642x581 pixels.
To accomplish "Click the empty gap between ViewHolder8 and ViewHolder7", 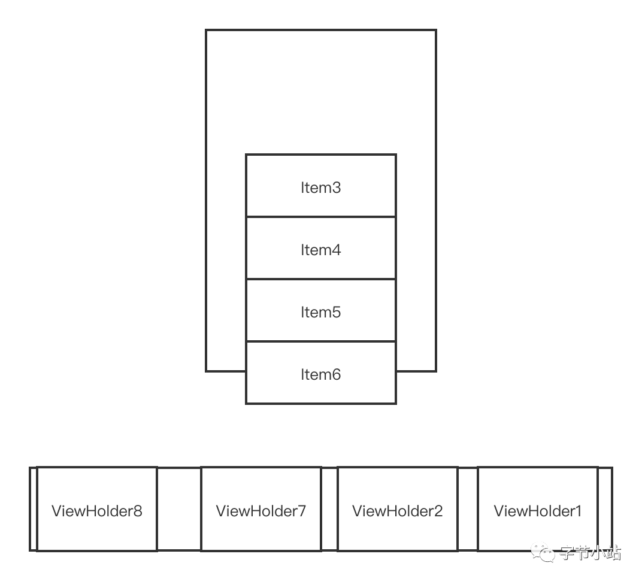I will (178, 509).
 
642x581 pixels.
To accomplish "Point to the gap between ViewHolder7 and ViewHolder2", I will (329, 509).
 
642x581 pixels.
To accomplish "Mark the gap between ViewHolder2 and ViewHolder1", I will (468, 509).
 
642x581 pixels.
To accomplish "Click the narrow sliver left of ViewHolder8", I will (34, 509).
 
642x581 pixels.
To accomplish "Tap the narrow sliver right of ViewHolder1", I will (605, 509).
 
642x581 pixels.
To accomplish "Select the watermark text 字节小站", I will (590, 552).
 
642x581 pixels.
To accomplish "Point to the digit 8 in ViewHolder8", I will (138, 511).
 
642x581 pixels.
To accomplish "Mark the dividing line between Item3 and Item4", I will (320, 217).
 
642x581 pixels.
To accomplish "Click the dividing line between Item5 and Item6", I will (320, 341).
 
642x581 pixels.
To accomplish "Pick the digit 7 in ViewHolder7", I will (302, 511).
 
